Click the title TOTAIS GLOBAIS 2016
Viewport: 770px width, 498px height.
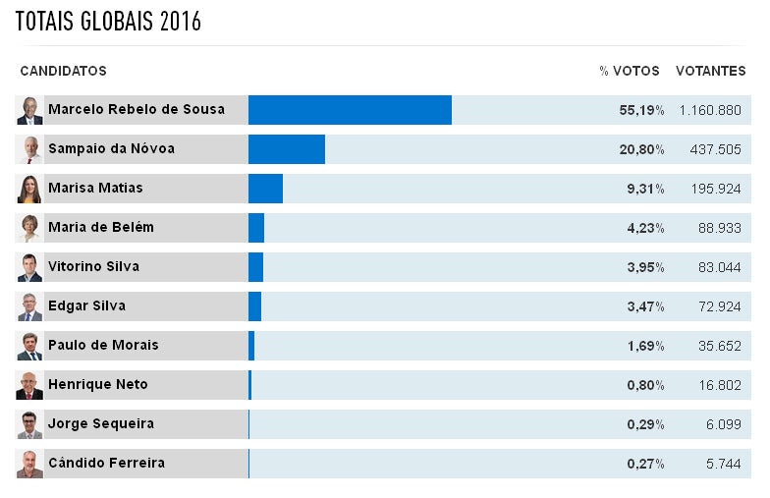[x=108, y=23]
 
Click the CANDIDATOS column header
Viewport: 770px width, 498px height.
[x=63, y=72]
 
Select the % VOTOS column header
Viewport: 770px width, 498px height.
[x=630, y=72]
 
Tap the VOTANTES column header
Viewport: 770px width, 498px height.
[x=710, y=72]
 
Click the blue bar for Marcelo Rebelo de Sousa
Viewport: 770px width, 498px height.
[x=350, y=110]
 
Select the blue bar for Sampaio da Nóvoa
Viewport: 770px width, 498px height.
[x=286, y=149]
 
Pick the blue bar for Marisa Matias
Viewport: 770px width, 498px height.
[x=265, y=189]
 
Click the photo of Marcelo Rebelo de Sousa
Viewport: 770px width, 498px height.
[x=29, y=110]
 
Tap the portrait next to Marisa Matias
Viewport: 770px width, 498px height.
[x=29, y=189]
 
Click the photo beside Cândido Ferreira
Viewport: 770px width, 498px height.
[x=29, y=464]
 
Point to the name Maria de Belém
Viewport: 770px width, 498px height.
[x=101, y=228]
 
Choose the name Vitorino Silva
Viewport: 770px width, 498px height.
[x=93, y=267]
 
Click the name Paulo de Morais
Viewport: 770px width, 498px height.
[x=103, y=346]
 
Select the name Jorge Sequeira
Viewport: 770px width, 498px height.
[x=101, y=424]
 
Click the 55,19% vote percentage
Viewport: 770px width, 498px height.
[x=641, y=110]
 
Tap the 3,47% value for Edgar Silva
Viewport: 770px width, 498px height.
[x=645, y=306]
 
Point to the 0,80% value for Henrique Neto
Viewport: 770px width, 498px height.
[x=645, y=385]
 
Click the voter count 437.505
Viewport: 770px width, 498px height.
[x=712, y=149]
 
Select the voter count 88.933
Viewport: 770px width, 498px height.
[x=716, y=228]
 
